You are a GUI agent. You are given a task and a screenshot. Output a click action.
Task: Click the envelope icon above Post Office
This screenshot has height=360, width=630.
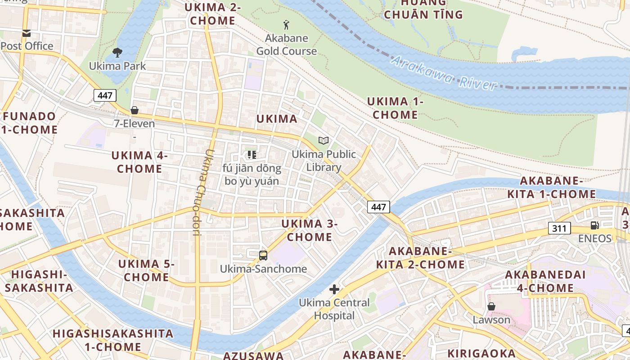point(27,33)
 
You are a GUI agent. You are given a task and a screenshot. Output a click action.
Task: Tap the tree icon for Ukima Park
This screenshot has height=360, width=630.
point(117,53)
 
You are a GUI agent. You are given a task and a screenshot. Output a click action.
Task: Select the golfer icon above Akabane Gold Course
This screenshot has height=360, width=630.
point(286,24)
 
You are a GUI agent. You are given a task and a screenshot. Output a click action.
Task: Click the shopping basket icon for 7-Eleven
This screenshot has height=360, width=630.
point(134,110)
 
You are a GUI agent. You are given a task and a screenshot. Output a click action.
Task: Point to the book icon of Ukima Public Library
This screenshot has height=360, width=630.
point(324,140)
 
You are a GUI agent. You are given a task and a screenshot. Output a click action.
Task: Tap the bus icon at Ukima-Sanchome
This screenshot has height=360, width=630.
point(263,256)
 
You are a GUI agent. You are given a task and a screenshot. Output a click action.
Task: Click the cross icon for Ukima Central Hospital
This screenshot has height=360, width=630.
point(334,289)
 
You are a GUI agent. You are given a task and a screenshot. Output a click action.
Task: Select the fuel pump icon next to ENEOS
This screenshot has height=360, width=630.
point(595,225)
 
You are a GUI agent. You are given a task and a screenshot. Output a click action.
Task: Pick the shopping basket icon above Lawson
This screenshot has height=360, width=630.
point(491,306)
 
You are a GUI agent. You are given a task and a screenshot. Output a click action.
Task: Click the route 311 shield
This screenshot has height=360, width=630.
point(559,228)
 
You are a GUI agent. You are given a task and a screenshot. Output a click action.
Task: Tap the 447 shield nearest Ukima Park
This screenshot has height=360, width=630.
point(105,95)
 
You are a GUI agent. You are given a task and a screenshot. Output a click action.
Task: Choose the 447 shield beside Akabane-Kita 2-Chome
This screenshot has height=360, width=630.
point(378,207)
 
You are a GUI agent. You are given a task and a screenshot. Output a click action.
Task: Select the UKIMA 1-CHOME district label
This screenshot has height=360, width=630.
point(395,108)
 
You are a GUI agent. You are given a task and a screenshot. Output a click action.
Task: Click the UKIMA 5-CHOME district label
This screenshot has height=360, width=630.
point(146,270)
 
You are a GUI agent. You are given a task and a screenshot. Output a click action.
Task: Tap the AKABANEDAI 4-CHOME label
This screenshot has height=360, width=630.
point(545,281)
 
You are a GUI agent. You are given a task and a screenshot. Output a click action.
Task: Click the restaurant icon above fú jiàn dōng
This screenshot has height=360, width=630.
point(252,155)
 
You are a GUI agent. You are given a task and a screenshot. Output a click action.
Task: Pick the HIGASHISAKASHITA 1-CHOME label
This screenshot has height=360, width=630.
point(113,340)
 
